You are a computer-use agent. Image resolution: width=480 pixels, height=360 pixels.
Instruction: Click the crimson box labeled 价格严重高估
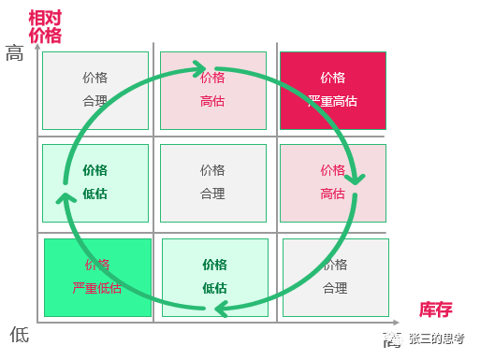332,90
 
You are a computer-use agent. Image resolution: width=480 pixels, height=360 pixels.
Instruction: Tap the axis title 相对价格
44,27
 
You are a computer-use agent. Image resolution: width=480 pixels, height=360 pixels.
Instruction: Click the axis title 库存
435,310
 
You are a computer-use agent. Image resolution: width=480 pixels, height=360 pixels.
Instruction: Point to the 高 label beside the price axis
15,53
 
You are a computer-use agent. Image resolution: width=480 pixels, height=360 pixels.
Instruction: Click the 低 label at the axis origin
19,334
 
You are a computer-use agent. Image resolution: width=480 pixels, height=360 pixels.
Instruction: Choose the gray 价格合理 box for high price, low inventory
95,90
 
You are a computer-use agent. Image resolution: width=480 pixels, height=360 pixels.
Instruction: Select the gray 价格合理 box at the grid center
212,182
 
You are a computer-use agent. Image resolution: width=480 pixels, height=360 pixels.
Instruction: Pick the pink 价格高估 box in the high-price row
212,90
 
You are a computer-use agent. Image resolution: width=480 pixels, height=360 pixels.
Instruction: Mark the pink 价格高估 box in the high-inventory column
332,182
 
